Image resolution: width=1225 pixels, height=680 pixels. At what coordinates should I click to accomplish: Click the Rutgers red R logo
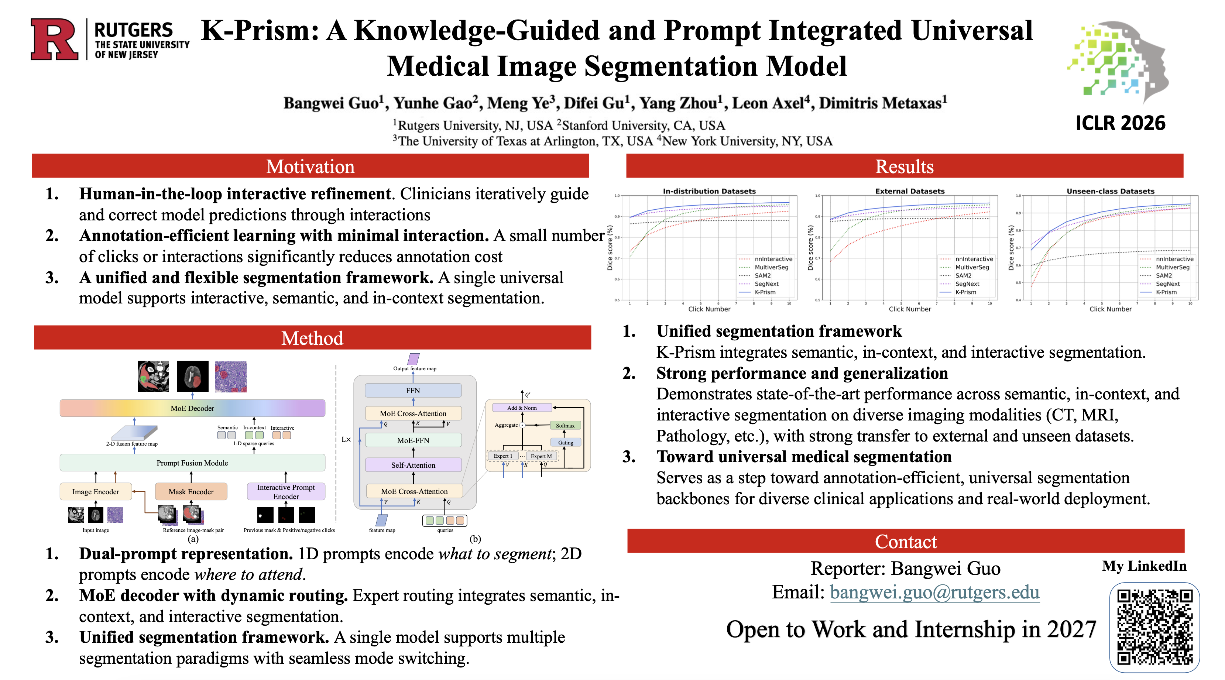54,40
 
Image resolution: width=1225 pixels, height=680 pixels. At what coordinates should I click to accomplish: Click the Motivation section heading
310,166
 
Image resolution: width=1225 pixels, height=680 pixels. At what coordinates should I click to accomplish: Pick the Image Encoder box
96,492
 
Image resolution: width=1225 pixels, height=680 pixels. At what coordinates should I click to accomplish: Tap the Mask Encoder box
191,492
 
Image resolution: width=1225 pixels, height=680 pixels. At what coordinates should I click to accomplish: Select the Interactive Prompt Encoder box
286,492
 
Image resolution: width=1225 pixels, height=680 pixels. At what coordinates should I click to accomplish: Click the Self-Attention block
413,465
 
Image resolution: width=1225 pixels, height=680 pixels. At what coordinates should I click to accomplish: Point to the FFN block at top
413,391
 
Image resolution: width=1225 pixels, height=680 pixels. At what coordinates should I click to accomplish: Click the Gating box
565,442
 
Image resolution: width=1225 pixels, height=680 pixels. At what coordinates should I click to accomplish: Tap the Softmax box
565,426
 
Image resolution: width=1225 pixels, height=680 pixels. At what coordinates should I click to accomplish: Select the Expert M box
541,456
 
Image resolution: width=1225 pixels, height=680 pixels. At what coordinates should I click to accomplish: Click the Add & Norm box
522,408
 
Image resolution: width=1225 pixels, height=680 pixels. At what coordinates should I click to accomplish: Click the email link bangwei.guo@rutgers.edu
934,593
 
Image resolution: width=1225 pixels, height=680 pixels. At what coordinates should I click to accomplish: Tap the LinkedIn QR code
1154,627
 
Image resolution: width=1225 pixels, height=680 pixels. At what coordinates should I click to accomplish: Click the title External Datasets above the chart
910,191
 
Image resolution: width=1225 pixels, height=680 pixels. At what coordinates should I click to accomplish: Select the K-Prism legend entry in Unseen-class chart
1166,292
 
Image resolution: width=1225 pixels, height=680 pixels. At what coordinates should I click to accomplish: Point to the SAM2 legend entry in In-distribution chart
762,275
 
